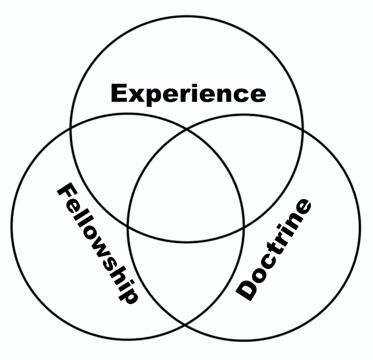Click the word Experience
coord(188,93)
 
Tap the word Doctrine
coord(275,250)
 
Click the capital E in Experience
coord(119,93)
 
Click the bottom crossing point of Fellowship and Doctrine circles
coord(186,324)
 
